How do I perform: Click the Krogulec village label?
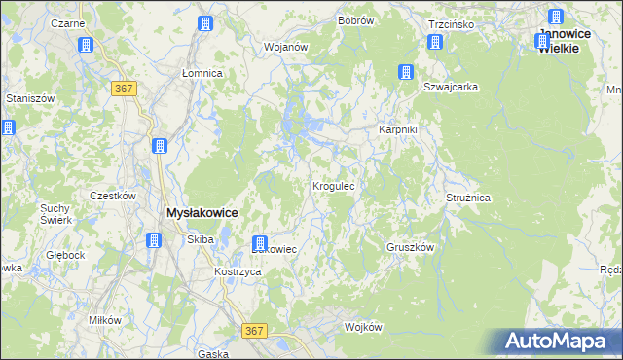coord(339,185)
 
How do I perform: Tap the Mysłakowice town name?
coord(202,212)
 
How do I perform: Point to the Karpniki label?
coord(397,129)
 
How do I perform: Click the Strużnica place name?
coord(468,198)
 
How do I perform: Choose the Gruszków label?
coord(410,247)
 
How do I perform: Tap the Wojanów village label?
coord(286,46)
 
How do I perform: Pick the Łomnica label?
coord(202,73)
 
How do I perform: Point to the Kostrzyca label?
coord(238,271)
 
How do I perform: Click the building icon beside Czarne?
coord(86,46)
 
